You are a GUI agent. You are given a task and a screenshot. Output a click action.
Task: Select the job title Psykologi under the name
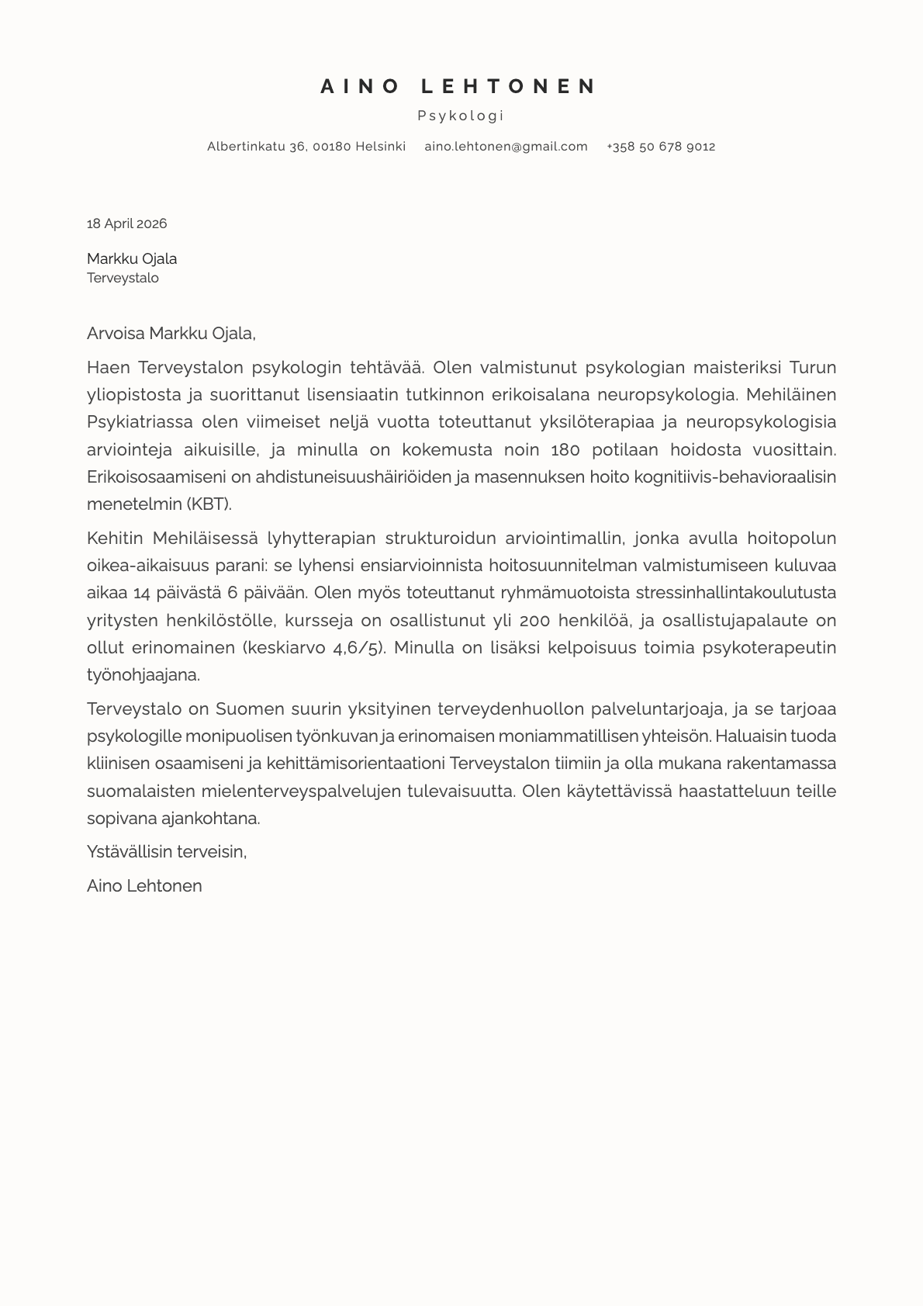pyautogui.click(x=461, y=116)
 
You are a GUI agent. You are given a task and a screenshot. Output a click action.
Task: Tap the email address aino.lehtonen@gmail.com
pyautogui.click(x=506, y=147)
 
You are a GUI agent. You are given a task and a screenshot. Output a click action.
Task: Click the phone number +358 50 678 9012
pyautogui.click(x=661, y=147)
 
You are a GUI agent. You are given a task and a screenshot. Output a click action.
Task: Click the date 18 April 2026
pyautogui.click(x=126, y=223)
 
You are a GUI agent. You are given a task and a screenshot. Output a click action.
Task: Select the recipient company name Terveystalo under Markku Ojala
pyautogui.click(x=123, y=278)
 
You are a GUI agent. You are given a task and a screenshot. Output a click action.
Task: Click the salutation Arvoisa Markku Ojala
pyautogui.click(x=171, y=334)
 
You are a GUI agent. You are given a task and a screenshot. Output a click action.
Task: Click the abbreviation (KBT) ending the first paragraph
pyautogui.click(x=209, y=504)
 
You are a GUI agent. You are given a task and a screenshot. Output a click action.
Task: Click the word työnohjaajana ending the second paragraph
pyautogui.click(x=143, y=674)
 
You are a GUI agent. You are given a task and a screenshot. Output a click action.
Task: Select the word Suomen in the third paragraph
pyautogui.click(x=244, y=708)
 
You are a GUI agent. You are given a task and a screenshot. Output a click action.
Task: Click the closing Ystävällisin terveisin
pyautogui.click(x=167, y=851)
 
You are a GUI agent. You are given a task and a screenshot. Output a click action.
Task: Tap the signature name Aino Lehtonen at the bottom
pyautogui.click(x=144, y=885)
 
